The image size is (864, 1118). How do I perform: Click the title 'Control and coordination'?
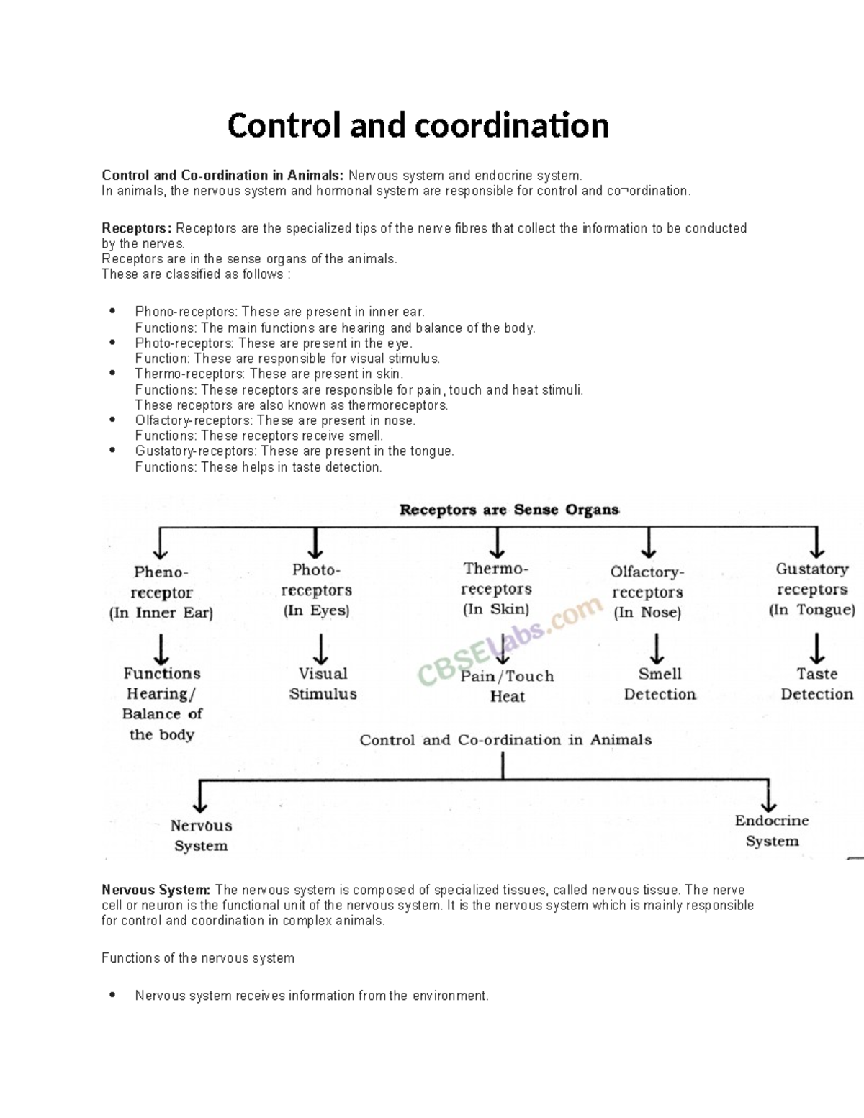click(418, 125)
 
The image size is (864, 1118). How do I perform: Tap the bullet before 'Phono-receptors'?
click(112, 312)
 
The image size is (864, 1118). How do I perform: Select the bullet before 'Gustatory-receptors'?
click(112, 451)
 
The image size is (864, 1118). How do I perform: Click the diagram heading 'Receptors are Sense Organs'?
click(509, 510)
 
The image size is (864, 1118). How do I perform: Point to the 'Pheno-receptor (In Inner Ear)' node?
click(161, 592)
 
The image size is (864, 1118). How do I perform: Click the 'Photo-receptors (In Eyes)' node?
click(316, 590)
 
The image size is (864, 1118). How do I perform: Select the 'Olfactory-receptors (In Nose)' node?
click(647, 592)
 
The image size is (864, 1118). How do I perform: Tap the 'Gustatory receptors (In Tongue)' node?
click(812, 590)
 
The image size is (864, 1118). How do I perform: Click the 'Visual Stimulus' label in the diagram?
click(323, 684)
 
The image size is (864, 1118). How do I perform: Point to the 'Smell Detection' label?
click(660, 684)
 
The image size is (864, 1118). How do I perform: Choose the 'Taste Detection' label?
click(816, 684)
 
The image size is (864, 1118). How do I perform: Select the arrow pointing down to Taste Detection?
click(816, 649)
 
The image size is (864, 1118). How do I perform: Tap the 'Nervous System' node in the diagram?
click(201, 836)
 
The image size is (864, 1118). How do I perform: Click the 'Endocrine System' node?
click(772, 831)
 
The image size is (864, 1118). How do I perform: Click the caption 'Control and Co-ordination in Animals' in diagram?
click(505, 740)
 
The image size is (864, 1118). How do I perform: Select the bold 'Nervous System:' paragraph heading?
click(156, 890)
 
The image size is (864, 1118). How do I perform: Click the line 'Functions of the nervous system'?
click(198, 958)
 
